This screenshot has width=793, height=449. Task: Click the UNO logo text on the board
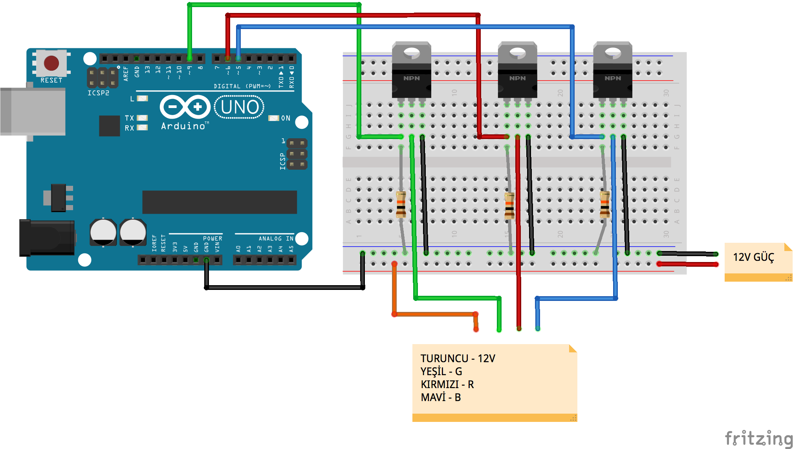(x=240, y=107)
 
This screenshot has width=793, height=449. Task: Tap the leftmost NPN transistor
(x=411, y=71)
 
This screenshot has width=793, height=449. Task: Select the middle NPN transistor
(x=517, y=71)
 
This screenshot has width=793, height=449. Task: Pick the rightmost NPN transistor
(x=612, y=71)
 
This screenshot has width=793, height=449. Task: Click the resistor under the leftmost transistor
(x=401, y=204)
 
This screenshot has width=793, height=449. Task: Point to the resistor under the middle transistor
(x=509, y=205)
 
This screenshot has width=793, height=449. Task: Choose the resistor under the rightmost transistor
(x=605, y=204)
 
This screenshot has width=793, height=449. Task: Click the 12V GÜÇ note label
(x=753, y=257)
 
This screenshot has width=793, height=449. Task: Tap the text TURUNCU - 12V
(x=458, y=358)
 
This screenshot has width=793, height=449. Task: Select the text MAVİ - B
(x=441, y=398)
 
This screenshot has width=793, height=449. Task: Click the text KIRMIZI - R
(x=447, y=384)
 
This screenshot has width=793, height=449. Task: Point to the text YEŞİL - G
(x=441, y=371)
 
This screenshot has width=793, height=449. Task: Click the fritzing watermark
(x=758, y=438)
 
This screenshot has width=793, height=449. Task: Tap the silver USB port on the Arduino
(x=33, y=112)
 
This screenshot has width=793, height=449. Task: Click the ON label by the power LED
(x=286, y=118)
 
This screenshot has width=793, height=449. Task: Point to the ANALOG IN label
(x=276, y=238)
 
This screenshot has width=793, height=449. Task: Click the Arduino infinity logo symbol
(x=185, y=107)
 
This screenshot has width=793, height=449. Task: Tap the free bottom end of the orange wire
(x=476, y=329)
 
